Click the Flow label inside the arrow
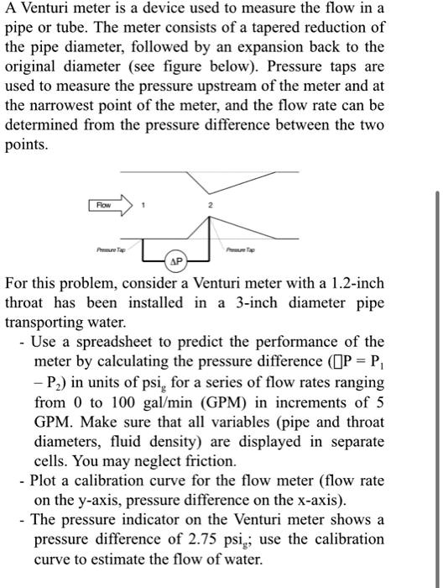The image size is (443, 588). pos(102,204)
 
